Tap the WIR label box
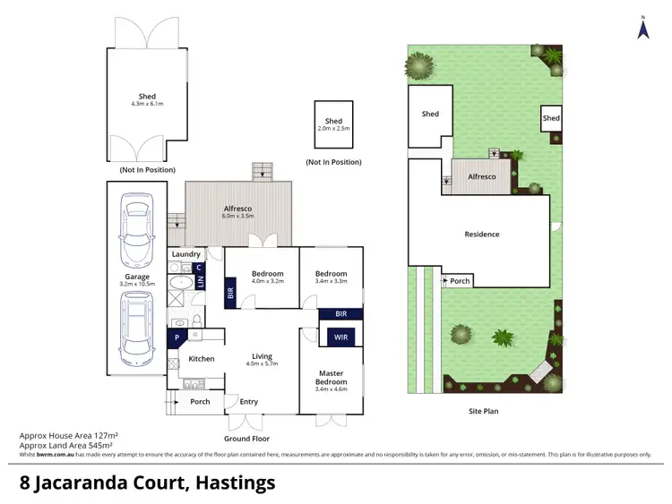pyautogui.click(x=340, y=337)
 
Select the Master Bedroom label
pyautogui.click(x=332, y=377)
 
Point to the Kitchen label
pyautogui.click(x=202, y=359)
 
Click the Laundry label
pyautogui.click(x=185, y=254)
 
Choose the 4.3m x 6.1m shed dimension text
pyautogui.click(x=147, y=105)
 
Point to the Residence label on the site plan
pyautogui.click(x=481, y=235)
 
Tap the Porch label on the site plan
pyautogui.click(x=460, y=281)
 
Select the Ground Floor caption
pyautogui.click(x=247, y=439)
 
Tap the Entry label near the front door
pyautogui.click(x=249, y=402)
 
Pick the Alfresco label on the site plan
pyautogui.click(x=481, y=177)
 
